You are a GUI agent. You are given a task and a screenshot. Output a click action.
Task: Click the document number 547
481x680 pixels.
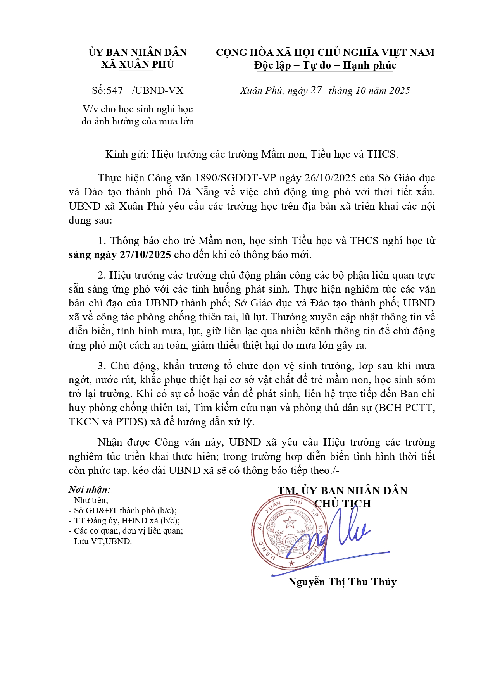pyautogui.click(x=115, y=91)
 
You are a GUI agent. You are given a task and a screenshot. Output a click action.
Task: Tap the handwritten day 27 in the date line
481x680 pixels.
pyautogui.click(x=316, y=90)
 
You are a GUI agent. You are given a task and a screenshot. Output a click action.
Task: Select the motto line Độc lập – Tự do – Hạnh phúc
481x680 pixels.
pyautogui.click(x=325, y=65)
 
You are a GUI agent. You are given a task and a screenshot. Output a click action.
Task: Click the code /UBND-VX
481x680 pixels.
pyautogui.click(x=158, y=91)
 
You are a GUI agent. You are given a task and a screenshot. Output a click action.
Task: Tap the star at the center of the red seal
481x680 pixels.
pyautogui.click(x=290, y=522)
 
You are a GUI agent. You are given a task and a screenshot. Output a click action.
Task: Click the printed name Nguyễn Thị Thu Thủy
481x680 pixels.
pyautogui.click(x=342, y=582)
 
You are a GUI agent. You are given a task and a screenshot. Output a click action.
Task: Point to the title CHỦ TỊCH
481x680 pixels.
pyautogui.click(x=343, y=504)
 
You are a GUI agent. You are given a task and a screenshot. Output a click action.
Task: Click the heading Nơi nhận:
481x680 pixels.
pyautogui.click(x=90, y=490)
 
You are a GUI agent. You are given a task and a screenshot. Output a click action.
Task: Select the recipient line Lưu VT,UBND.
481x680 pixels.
pyautogui.click(x=100, y=541)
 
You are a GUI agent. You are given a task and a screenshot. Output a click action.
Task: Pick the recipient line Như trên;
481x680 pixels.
pyautogui.click(x=89, y=500)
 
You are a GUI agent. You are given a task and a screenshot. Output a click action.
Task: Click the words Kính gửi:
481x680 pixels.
pyautogui.click(x=127, y=154)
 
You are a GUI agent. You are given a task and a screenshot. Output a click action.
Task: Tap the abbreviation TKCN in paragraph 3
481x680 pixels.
pyautogui.click(x=84, y=422)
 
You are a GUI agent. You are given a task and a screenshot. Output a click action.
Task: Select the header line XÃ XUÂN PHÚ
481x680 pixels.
pyautogui.click(x=138, y=64)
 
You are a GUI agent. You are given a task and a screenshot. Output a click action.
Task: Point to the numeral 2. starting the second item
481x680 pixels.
pyautogui.click(x=102, y=275)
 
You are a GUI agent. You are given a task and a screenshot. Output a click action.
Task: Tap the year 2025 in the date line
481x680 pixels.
pyautogui.click(x=399, y=91)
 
